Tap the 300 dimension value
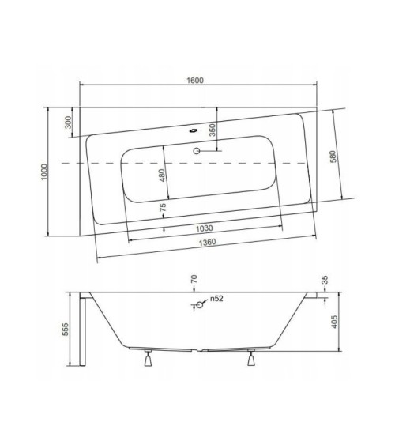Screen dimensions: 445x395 69,122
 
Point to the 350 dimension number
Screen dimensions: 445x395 211,130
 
